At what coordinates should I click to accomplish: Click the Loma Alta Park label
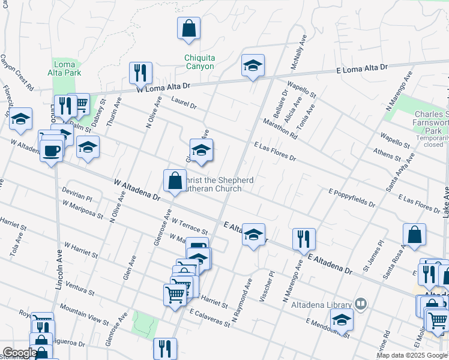pos(64,68)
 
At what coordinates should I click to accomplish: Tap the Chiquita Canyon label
pos(199,62)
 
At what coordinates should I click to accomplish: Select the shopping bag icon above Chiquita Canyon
pos(188,28)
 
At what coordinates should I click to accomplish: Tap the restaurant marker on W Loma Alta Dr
pos(140,73)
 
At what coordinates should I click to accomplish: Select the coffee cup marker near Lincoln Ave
pos(52,149)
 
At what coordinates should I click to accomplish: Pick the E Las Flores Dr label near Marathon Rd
pos(275,152)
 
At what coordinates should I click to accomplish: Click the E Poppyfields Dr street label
pos(352,197)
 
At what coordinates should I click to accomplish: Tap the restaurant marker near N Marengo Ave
pos(304,239)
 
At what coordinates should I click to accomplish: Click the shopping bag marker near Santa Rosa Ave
pos(414,235)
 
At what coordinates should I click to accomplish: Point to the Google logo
pos(19,353)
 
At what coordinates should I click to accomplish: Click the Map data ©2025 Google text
pos(412,355)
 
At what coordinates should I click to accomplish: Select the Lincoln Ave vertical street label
pos(59,270)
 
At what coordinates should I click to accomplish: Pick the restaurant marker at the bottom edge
pos(164,349)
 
